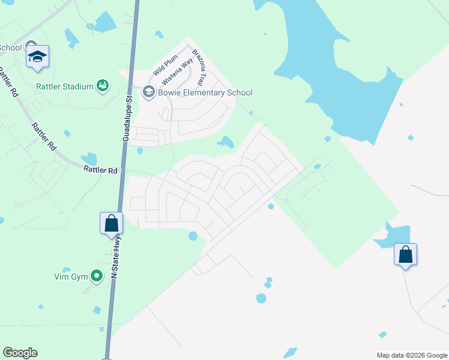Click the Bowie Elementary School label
click(x=205, y=92)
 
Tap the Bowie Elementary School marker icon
click(x=148, y=92)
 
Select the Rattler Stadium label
click(x=64, y=86)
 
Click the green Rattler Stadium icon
click(x=103, y=86)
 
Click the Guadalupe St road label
click(x=127, y=118)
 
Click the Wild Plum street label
click(x=162, y=65)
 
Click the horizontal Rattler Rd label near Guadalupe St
click(x=100, y=170)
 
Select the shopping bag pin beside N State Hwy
click(x=111, y=223)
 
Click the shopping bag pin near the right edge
click(x=405, y=254)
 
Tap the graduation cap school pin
click(x=37, y=57)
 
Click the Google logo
click(x=20, y=353)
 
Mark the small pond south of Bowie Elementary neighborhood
click(x=226, y=142)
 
